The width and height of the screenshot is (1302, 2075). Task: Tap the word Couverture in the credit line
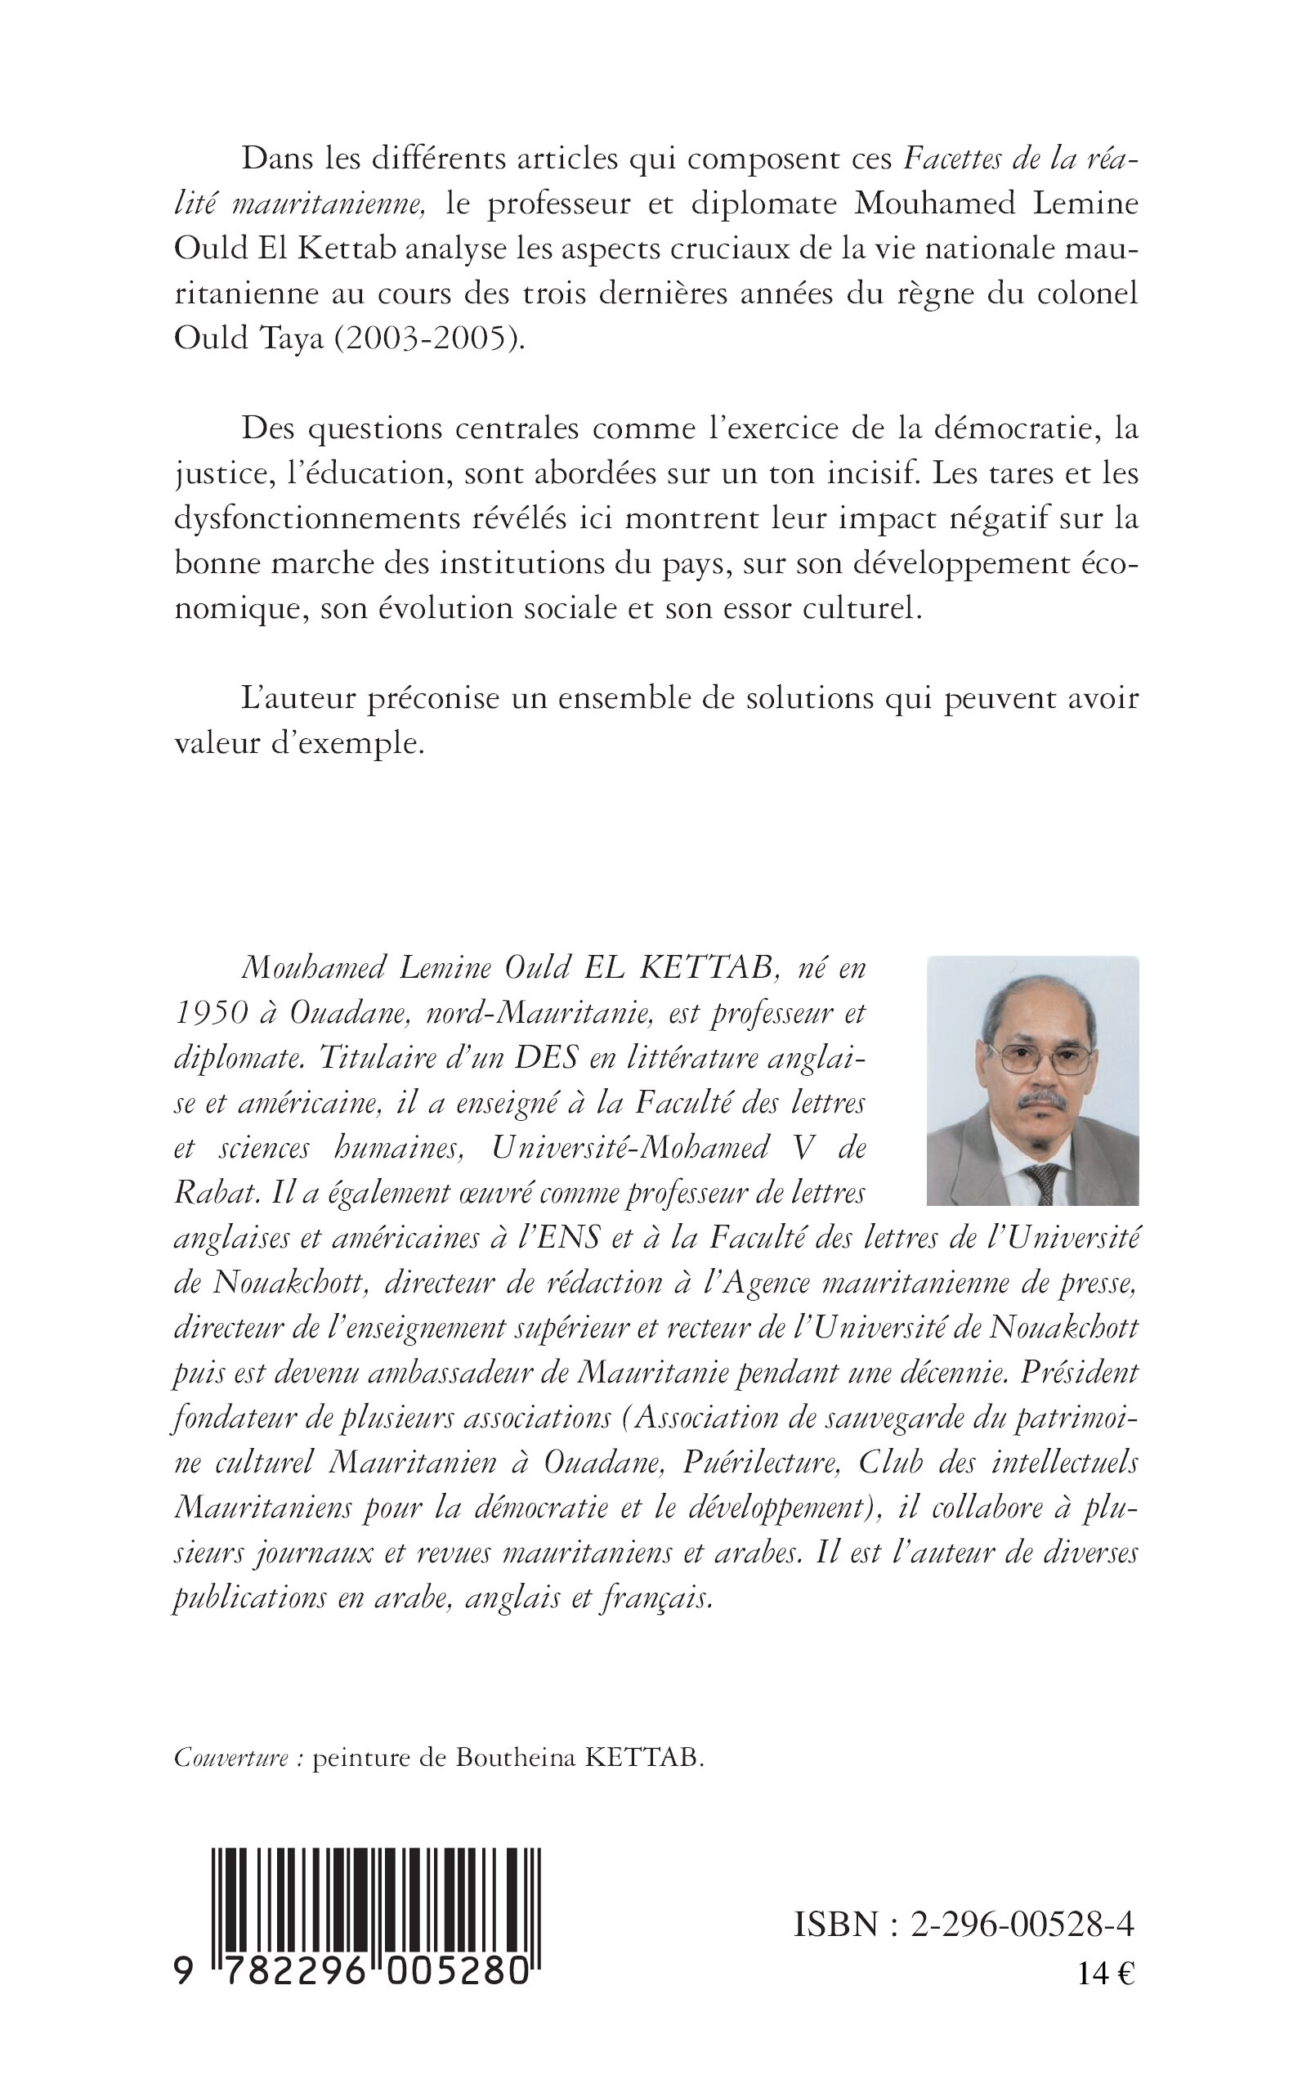231,1757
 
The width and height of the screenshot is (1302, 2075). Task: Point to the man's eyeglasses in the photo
1036,1058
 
